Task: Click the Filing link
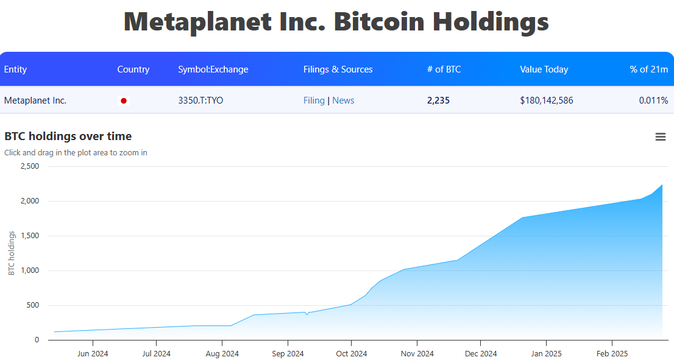[x=314, y=101]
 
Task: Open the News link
[x=343, y=101]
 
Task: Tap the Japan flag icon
[x=124, y=101]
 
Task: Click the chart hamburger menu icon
[x=660, y=137]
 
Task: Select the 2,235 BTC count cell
[x=438, y=101]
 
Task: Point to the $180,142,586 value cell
[x=546, y=101]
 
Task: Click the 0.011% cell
[x=653, y=101]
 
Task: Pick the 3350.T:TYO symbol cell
[x=200, y=101]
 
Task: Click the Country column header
[x=133, y=69]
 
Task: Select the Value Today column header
[x=544, y=69]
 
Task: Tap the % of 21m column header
[x=648, y=69]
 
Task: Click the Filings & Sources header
[x=338, y=69]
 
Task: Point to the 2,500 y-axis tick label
[x=29, y=166]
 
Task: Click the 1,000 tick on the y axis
[x=29, y=270]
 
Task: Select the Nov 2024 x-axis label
[x=417, y=353]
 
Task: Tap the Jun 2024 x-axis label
[x=93, y=353]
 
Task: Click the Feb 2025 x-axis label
[x=612, y=353]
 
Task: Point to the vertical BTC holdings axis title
[x=12, y=253]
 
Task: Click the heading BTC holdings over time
[x=68, y=136]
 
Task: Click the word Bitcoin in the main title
[x=379, y=22]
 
